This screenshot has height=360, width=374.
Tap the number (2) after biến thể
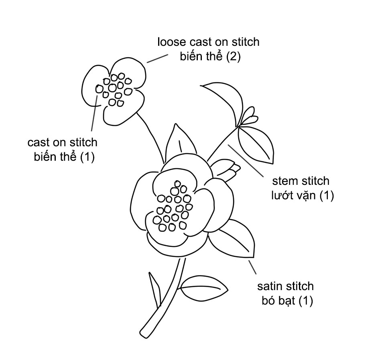[233, 56]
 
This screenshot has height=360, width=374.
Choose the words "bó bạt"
[278, 301]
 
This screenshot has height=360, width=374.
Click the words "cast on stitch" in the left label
[62, 142]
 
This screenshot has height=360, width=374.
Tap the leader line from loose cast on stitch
[156, 59]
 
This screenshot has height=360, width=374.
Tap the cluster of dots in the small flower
[116, 89]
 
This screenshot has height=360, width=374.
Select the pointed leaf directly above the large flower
[177, 141]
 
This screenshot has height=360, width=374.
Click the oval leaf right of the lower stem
[203, 288]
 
